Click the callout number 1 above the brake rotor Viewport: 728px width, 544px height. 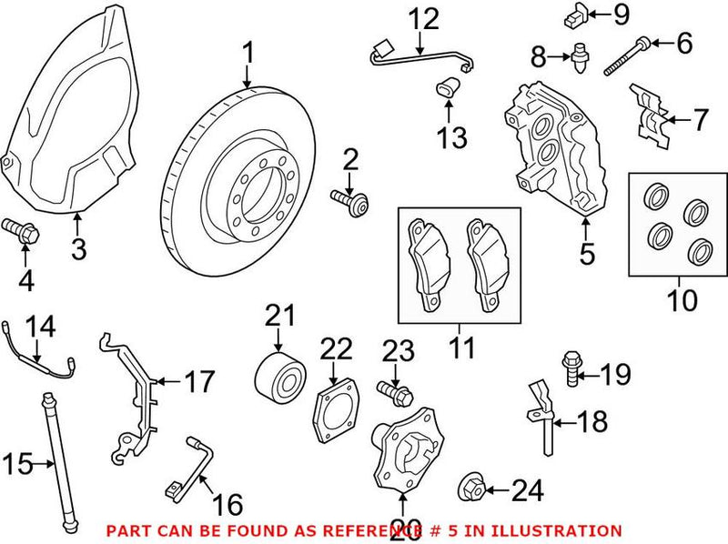247,54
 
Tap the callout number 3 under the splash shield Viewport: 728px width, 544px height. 79,248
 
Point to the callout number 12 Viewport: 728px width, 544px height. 422,18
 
